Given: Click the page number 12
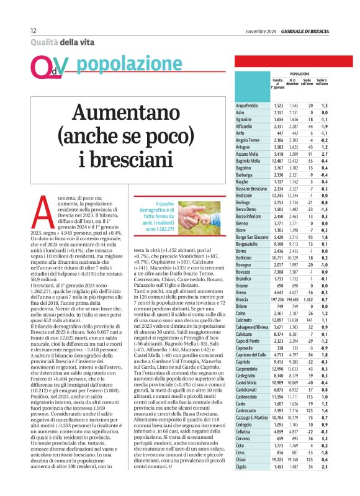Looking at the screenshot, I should (x=33, y=30).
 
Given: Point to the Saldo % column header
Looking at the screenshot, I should (x=322, y=83).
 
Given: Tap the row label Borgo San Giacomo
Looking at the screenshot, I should (x=255, y=237).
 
